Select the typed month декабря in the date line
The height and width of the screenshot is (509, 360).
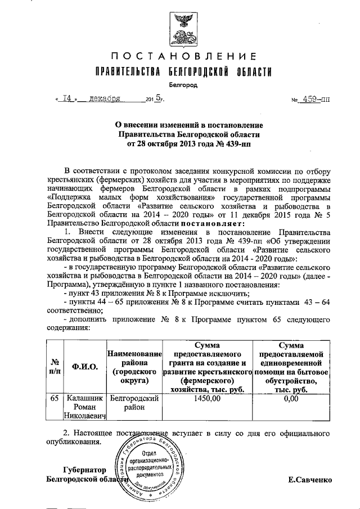coord(103,98)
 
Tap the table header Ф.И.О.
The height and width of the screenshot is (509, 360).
coord(85,367)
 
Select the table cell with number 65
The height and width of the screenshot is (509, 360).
coord(55,398)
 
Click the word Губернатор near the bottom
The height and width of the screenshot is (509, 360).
coord(84,469)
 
